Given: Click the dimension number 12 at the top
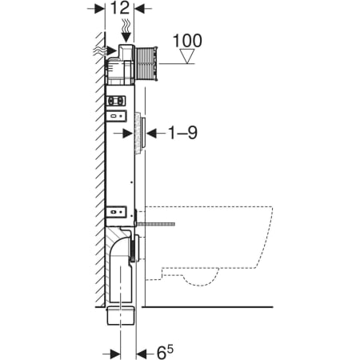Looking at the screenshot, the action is click(120, 8).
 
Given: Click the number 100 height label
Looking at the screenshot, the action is click(187, 41).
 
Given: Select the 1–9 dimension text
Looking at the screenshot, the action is click(182, 133).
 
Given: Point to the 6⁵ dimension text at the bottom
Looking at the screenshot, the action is click(165, 352).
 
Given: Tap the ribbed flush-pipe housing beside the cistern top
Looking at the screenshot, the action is click(146, 63).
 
